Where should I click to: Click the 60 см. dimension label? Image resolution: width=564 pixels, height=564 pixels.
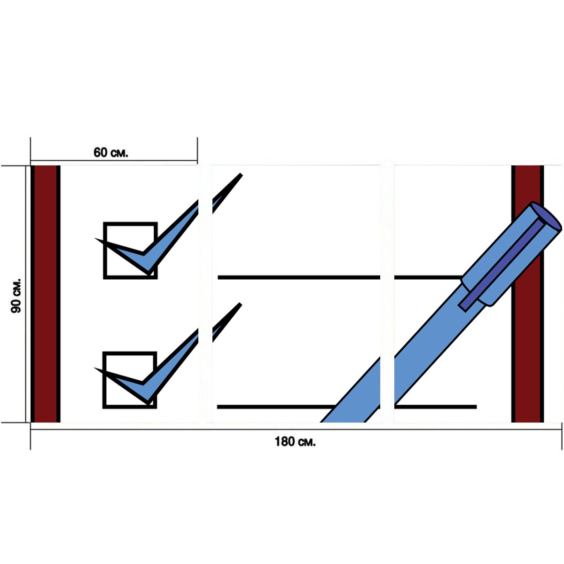pos(110,152)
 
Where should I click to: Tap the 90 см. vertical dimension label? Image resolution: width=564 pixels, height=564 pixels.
pos(16,296)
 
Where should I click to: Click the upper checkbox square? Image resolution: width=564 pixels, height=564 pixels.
pos(130,251)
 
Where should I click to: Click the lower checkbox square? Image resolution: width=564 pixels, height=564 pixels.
pos(130,380)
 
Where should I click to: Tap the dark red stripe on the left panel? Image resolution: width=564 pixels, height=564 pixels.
pos(46,294)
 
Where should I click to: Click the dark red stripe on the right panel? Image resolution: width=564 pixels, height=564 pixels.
pos(527,294)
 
